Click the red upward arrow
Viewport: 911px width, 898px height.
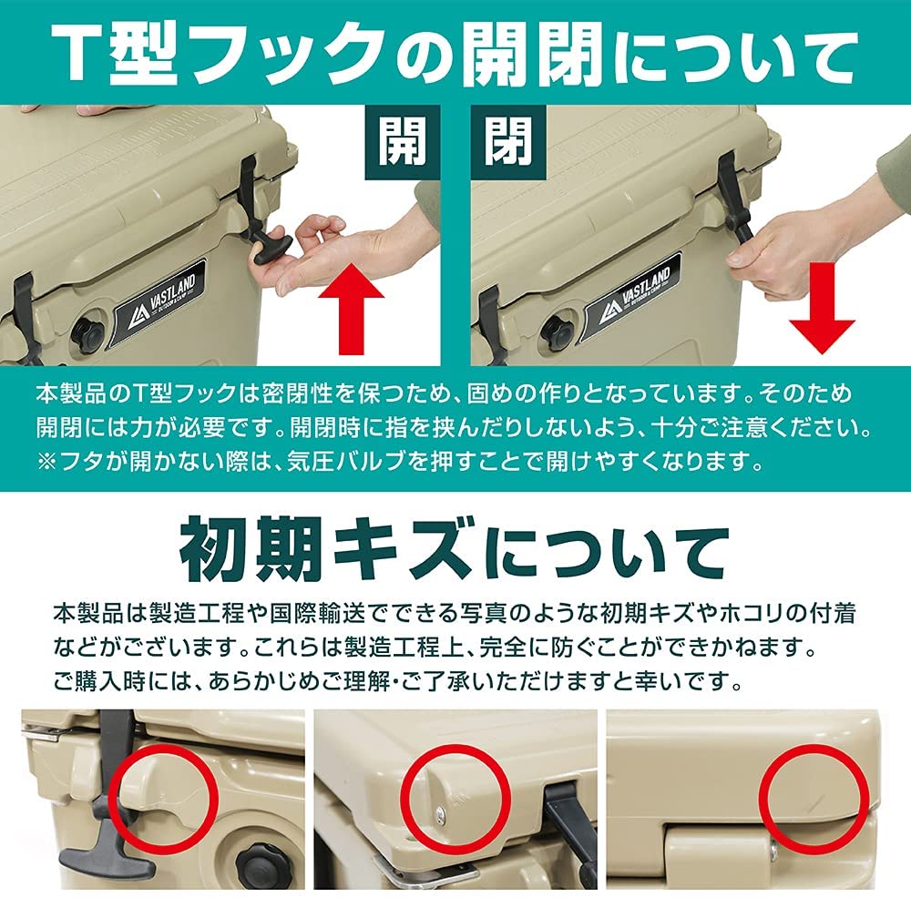point(351,308)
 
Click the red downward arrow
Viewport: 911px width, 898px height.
point(822,308)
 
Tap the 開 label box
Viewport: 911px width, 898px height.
point(402,142)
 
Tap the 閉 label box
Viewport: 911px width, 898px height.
point(508,142)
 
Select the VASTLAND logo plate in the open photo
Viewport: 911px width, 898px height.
point(159,303)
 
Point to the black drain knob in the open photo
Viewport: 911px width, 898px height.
point(87,334)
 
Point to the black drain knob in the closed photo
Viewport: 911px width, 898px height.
point(556,333)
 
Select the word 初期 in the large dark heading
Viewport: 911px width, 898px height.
point(251,549)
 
